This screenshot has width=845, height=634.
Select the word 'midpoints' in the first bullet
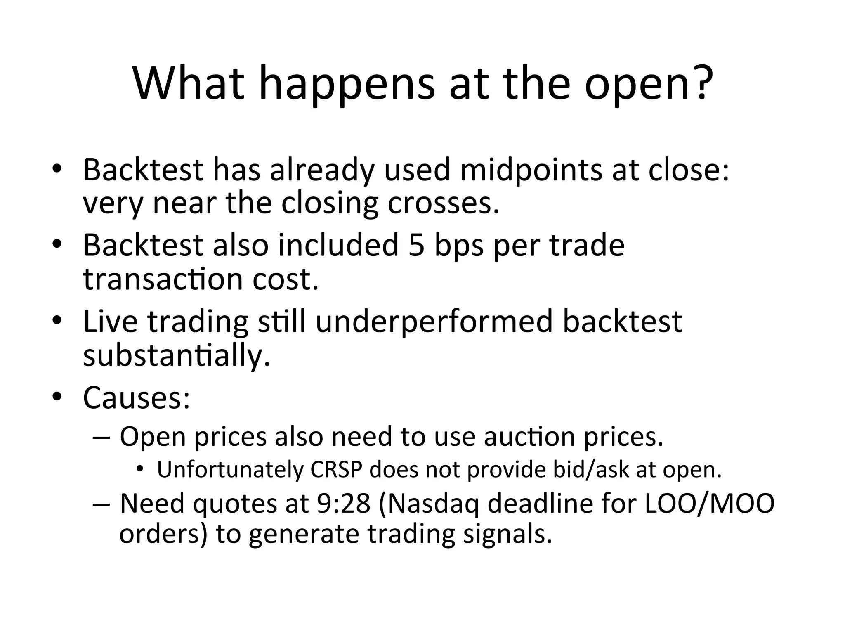(x=531, y=170)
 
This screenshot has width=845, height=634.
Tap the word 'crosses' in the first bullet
(x=443, y=203)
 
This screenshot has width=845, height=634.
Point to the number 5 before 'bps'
(x=417, y=245)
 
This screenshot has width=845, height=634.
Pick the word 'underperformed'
(x=434, y=322)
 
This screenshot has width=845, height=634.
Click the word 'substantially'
(x=176, y=355)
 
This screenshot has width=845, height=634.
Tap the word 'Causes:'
(x=137, y=397)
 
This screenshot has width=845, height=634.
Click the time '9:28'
(x=343, y=504)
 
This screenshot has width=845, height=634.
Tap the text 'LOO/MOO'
(x=709, y=504)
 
